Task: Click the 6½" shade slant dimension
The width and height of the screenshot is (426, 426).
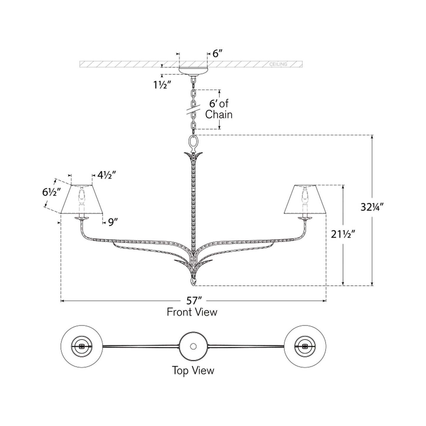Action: [52, 192]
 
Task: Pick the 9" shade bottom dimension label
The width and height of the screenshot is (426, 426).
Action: [113, 222]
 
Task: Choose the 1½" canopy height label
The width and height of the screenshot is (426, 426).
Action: [162, 85]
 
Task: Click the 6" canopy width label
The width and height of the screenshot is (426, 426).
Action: [217, 54]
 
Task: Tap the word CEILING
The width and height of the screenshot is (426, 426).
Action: [278, 64]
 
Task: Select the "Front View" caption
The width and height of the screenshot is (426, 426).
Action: [192, 312]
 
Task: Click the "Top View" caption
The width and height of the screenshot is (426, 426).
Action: [193, 371]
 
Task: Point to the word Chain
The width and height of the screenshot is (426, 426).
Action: [219, 114]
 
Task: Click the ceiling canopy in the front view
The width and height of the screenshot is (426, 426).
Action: [193, 71]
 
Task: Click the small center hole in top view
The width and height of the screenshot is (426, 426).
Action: [193, 346]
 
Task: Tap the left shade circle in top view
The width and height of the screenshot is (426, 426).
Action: [82, 346]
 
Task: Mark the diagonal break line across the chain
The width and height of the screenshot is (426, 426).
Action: [193, 110]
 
